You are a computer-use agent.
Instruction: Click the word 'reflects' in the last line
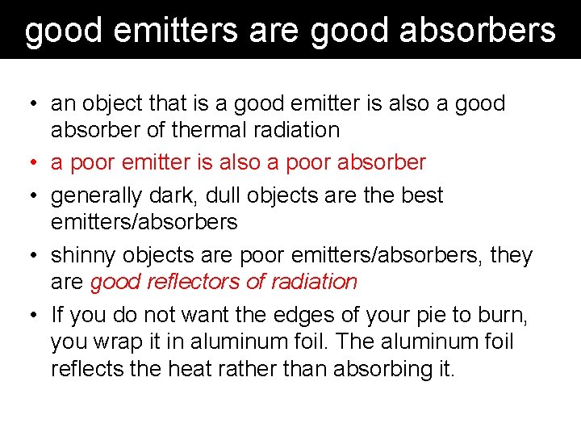pyautogui.click(x=85, y=370)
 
